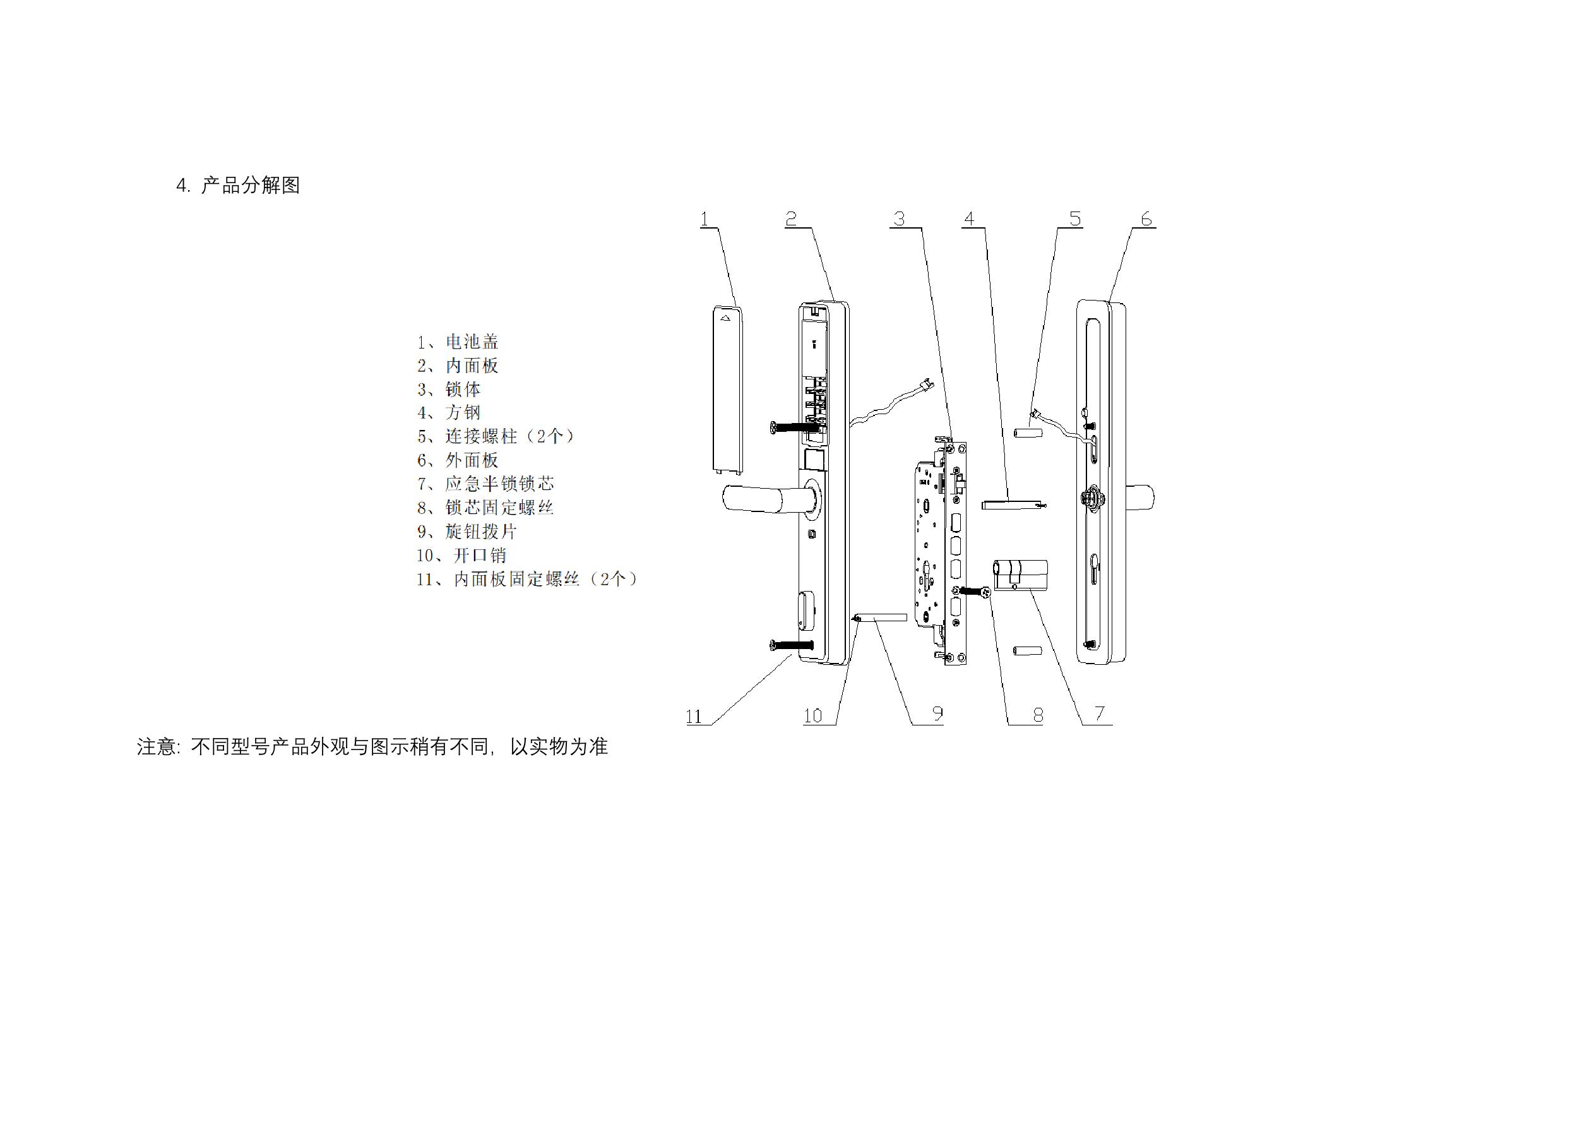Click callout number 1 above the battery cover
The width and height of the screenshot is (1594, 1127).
[704, 220]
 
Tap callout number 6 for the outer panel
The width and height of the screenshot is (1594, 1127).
[1146, 220]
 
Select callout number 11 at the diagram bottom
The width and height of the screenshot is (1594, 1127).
[694, 717]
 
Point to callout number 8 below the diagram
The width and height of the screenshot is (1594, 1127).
[1038, 715]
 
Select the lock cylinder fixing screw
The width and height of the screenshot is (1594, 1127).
[976, 592]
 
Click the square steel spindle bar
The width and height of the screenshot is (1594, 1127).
[1014, 503]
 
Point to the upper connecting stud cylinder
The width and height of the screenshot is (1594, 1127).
[1027, 432]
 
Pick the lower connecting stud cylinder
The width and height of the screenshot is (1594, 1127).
[1027, 652]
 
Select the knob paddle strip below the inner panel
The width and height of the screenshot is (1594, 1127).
[883, 617]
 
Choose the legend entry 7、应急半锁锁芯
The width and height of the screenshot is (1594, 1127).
[485, 484]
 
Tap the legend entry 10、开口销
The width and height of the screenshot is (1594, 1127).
[461, 556]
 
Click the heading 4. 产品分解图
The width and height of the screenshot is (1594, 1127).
[238, 186]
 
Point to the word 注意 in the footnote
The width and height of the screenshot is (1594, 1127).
[156, 746]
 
